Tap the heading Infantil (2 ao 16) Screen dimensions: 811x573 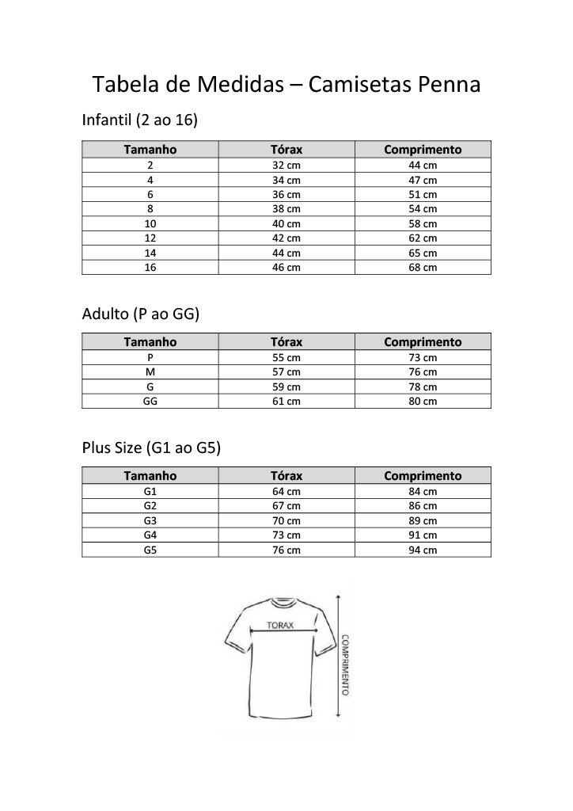click(139, 120)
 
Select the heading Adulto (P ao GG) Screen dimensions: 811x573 click(141, 314)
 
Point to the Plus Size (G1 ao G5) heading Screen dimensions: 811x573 click(151, 448)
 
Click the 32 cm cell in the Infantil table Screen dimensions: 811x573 click(286, 166)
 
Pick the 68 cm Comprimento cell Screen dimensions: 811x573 click(423, 268)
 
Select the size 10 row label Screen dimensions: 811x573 click(150, 224)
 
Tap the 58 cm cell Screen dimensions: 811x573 click(423, 224)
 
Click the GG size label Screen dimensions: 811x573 click(150, 402)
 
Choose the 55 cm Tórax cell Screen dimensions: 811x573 click(286, 358)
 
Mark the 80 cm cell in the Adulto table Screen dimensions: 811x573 click(423, 402)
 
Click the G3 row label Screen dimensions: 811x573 click(150, 521)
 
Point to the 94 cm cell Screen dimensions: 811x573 click(423, 550)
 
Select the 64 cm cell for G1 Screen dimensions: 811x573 click(286, 492)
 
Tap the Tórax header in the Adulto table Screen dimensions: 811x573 click(286, 342)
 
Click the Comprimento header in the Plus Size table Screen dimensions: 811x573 click(423, 476)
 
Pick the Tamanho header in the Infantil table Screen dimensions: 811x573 click(150, 149)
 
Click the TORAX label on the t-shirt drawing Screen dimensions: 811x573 click(279, 625)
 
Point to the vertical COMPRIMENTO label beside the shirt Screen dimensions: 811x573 click(346, 664)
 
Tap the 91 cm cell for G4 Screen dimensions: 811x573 click(423, 535)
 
